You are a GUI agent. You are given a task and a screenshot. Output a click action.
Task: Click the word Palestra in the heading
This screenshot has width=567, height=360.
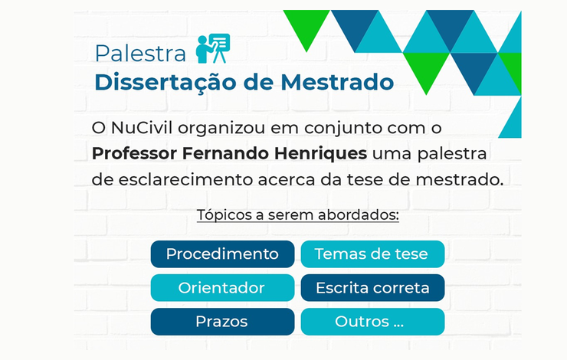tap(140, 54)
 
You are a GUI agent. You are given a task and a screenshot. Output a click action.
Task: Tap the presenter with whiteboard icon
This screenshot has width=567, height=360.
tap(213, 48)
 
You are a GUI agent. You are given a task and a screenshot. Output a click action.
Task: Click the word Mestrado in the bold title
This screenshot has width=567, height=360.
tap(337, 82)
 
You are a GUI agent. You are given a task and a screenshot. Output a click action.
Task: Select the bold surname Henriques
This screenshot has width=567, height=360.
tap(320, 154)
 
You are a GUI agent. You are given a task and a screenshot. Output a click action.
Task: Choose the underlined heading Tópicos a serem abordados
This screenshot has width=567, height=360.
tap(297, 214)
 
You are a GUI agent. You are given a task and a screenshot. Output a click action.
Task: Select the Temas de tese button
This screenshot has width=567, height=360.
tap(372, 254)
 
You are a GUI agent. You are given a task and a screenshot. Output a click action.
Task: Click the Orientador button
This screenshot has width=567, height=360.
tap(222, 288)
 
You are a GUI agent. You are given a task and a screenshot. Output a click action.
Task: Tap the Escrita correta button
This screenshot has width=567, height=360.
tap(372, 288)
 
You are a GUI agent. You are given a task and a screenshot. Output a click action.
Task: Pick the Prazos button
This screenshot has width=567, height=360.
tap(222, 322)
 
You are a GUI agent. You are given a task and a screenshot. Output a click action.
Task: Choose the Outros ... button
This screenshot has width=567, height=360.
tap(372, 322)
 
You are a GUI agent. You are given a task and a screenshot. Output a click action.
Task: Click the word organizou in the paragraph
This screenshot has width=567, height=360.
tap(221, 129)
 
